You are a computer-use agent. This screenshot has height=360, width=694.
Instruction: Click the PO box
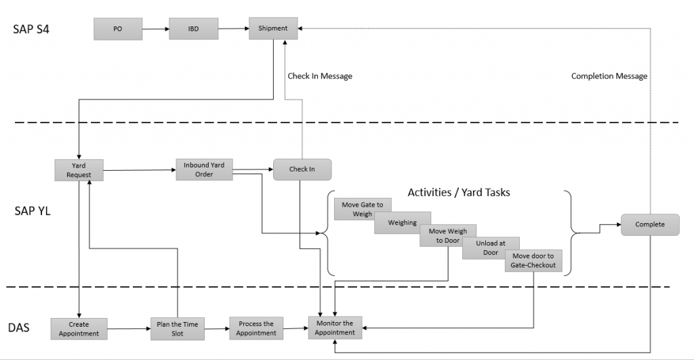tap(118, 28)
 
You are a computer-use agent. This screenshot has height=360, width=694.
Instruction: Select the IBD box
tap(193, 28)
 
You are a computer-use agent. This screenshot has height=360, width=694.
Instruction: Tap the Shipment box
tap(273, 28)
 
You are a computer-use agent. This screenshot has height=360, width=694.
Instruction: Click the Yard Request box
tap(79, 170)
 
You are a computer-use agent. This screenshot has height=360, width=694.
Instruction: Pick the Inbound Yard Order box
tap(204, 169)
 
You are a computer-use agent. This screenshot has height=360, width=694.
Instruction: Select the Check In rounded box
tap(302, 169)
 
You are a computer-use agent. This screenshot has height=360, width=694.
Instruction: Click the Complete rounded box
tap(650, 224)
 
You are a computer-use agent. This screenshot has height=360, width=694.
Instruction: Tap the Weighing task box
tap(403, 223)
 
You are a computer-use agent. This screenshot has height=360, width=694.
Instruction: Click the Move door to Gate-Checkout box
tap(533, 261)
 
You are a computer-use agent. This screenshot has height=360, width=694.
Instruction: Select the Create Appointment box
tap(79, 329)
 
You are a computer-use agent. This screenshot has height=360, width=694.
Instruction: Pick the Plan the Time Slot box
tap(178, 329)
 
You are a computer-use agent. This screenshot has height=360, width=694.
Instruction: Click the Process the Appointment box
tap(256, 329)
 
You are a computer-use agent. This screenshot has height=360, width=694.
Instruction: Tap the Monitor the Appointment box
tap(335, 327)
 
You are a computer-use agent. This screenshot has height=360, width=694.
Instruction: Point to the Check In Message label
tap(320, 76)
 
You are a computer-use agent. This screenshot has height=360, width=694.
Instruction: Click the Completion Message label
tap(609, 76)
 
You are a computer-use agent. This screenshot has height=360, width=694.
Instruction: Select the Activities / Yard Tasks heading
tap(459, 192)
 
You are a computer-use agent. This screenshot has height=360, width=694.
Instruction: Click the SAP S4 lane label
tap(31, 29)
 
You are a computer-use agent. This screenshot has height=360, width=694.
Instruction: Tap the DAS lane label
tap(18, 327)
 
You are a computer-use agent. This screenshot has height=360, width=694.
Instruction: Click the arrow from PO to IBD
tap(156, 29)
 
